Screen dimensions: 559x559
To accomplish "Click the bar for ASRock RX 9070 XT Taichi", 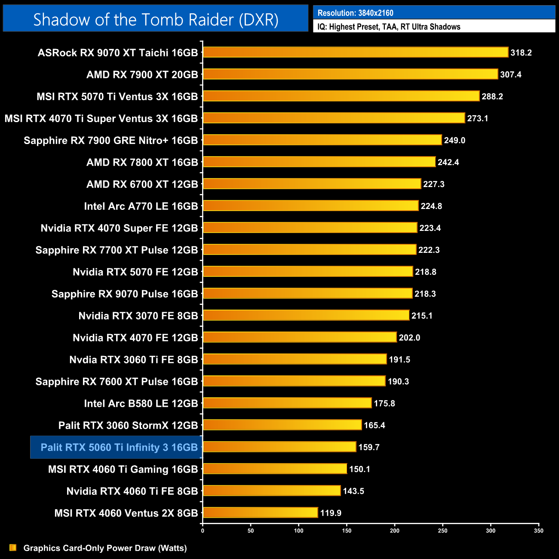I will [x=356, y=52].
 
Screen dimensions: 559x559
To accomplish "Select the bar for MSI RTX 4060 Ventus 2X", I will [x=260, y=513].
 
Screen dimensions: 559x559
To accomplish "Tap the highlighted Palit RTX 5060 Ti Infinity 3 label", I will [x=119, y=447].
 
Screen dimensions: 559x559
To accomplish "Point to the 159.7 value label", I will [x=369, y=447].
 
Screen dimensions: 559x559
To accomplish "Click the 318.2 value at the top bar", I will [x=521, y=52].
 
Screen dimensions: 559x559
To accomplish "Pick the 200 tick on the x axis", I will [x=395, y=531].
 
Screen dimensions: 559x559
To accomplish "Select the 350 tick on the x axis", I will [x=539, y=531].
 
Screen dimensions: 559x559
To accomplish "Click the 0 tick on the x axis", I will [x=203, y=531].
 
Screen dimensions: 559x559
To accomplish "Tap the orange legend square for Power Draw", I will [x=13, y=547].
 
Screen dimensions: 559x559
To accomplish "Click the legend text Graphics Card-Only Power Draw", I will [x=105, y=548].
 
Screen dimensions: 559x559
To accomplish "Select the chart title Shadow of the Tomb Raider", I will [x=156, y=19].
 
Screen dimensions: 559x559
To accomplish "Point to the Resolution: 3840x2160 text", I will [x=356, y=13].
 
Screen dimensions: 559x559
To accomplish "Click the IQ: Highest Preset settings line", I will [x=389, y=27].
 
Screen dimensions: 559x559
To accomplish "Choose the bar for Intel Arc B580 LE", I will [x=287, y=403].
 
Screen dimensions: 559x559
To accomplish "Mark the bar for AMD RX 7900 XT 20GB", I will [x=350, y=74].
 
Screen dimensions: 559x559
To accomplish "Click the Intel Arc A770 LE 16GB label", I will [x=141, y=206].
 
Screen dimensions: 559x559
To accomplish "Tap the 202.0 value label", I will [x=409, y=338].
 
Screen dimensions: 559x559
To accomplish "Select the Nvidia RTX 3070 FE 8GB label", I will [x=138, y=316].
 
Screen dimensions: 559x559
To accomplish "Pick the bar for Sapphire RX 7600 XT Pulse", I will [x=294, y=381].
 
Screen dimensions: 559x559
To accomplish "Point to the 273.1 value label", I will [x=478, y=118].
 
